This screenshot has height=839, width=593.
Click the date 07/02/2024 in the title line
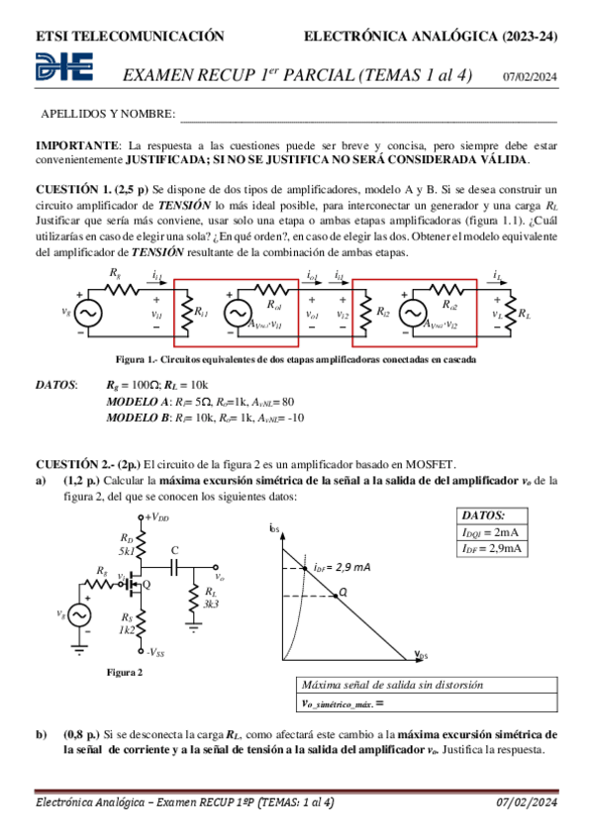point(530,76)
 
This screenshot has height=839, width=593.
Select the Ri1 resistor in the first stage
point(189,313)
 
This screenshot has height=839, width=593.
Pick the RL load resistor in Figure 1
point(514,313)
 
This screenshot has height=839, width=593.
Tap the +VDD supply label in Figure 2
point(155,517)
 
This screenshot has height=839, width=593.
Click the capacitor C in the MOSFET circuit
point(175,567)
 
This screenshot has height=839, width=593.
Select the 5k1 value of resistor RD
point(127,550)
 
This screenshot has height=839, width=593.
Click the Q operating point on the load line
point(342,593)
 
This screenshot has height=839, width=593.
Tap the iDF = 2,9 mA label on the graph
point(341,567)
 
